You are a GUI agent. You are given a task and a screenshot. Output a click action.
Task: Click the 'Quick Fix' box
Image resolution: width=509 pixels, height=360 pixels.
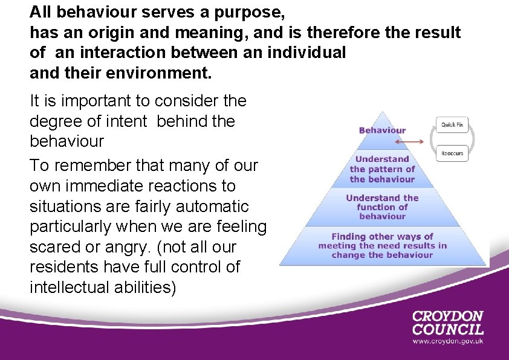(x=452, y=124)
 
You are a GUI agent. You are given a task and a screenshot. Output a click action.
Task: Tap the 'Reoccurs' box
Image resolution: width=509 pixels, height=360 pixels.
(x=452, y=153)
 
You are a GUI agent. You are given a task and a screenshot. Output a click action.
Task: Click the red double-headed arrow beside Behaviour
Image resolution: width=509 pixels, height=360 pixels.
(x=409, y=141)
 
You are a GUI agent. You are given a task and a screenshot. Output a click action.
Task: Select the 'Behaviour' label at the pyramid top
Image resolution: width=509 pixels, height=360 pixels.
(x=382, y=130)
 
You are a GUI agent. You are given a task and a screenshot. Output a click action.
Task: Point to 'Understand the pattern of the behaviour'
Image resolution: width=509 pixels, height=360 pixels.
(x=382, y=169)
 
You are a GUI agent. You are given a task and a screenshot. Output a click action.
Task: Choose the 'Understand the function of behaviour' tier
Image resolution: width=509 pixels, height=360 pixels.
(x=382, y=207)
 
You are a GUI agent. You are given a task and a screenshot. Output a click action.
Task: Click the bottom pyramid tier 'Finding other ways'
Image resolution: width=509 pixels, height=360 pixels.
(x=382, y=246)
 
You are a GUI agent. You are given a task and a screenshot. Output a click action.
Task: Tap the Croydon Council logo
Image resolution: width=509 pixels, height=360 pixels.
(x=447, y=323)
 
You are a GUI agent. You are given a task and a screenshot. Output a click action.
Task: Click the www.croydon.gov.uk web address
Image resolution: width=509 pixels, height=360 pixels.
(x=447, y=341)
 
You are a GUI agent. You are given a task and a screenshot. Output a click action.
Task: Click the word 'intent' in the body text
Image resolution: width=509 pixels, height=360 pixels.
(x=129, y=121)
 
